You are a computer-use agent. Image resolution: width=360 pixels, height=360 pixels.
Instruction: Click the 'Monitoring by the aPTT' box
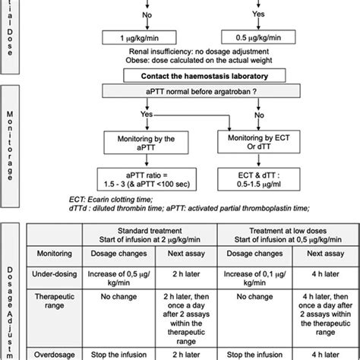143,143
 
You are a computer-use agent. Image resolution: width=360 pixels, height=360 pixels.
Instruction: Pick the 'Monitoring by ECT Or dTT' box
268,143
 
